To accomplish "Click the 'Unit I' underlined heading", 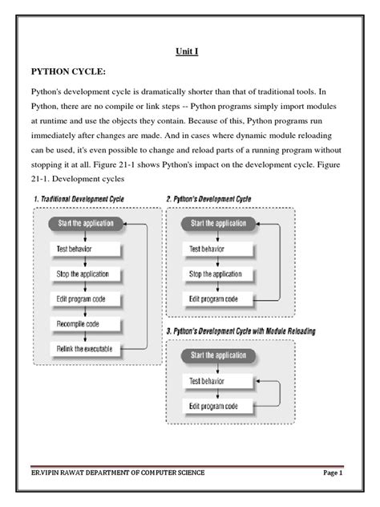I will click(x=188, y=51).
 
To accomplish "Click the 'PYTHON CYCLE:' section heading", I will click(x=68, y=71).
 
